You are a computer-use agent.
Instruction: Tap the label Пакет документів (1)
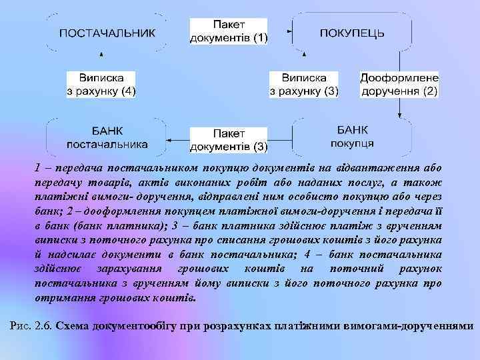click(x=229, y=31)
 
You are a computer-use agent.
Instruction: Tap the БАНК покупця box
click(x=351, y=137)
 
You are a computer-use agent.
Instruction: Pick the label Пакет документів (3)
click(x=229, y=139)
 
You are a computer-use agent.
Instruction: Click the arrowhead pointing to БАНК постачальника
click(x=169, y=139)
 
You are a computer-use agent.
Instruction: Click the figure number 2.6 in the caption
click(x=43, y=326)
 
